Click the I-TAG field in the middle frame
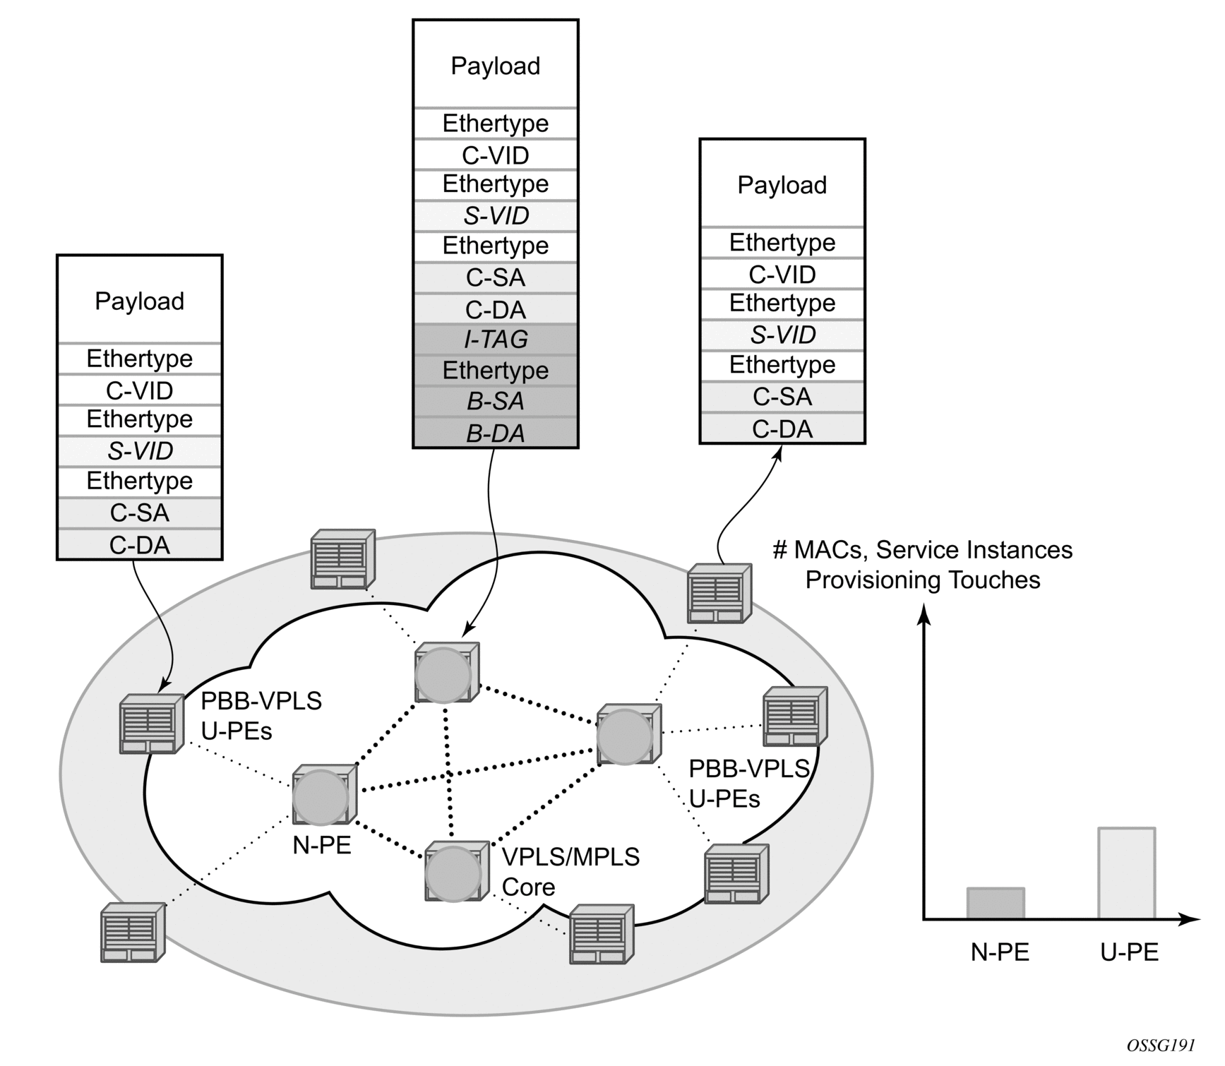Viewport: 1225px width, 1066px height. tap(496, 340)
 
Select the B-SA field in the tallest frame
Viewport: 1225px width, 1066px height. tap(496, 401)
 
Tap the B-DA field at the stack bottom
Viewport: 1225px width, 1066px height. tap(496, 433)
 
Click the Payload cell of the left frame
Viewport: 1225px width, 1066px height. tap(140, 301)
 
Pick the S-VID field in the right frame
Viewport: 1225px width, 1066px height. tap(782, 335)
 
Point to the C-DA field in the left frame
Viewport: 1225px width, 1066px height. tap(140, 545)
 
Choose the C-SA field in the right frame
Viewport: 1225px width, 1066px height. tap(782, 397)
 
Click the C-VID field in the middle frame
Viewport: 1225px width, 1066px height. tap(496, 155)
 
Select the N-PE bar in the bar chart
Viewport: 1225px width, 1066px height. tap(996, 904)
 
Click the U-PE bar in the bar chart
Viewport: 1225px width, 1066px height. tap(1127, 873)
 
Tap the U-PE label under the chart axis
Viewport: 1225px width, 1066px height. tap(1130, 952)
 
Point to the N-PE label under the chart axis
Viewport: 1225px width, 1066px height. tap(1000, 952)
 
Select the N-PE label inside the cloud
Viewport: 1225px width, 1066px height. tap(322, 845)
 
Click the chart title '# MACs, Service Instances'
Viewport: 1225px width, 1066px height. tap(923, 550)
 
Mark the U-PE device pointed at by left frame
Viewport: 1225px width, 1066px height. tap(149, 724)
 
